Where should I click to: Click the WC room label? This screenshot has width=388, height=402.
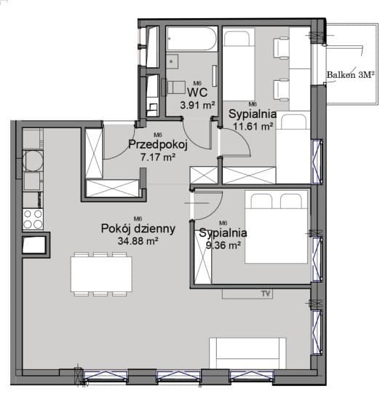pos(197,92)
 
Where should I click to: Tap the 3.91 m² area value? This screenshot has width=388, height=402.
pos(197,105)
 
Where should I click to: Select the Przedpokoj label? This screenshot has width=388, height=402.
pos(158,145)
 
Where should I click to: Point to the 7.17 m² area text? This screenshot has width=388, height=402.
pos(158,157)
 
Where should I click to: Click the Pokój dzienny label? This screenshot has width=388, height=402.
pos(138,229)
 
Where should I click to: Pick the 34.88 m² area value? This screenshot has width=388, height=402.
pos(138,241)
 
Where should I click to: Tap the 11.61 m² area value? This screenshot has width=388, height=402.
pos(253,126)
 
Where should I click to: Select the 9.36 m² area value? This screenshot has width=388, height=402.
pos(223,245)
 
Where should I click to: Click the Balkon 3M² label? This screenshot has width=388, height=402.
pos(350,74)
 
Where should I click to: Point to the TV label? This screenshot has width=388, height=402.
pos(266,293)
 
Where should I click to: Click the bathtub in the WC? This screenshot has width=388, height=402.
pos(191,39)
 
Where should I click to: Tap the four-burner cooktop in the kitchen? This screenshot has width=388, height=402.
pos(33,219)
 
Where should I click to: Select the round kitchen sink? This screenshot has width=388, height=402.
pos(33,161)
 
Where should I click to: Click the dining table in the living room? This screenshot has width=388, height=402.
pos(101,274)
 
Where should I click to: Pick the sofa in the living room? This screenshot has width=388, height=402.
pos(248,353)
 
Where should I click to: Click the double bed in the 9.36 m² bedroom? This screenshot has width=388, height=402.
pos(277,227)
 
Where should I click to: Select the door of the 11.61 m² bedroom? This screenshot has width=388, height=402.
pos(235,143)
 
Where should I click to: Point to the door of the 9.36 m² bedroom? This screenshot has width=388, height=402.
pos(207,205)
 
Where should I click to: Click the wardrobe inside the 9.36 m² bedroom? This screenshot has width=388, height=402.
pos(202,257)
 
